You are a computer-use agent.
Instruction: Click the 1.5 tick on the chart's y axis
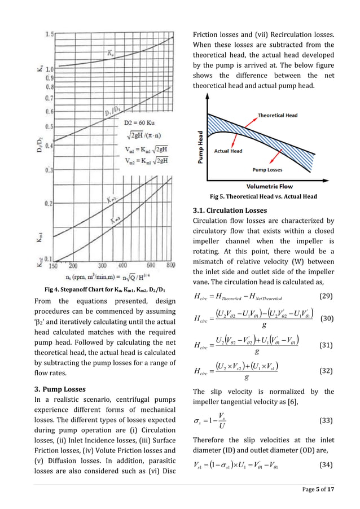(x=49, y=34)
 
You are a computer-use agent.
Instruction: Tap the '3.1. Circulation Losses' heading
(x=226, y=210)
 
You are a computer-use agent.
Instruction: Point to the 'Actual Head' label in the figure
(x=229, y=151)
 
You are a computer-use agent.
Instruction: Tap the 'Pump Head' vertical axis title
(x=200, y=147)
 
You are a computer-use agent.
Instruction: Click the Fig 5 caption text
(x=263, y=196)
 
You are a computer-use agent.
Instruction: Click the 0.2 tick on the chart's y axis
(x=49, y=203)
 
